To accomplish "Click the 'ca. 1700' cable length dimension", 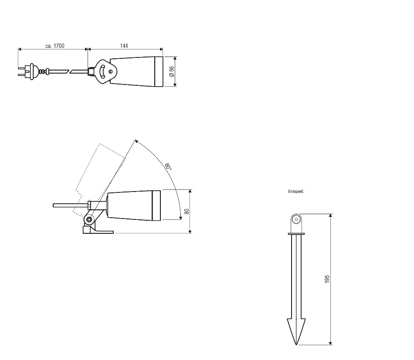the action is [x=54, y=46].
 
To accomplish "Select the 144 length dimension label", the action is [x=124, y=46].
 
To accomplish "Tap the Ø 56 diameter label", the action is [x=172, y=71].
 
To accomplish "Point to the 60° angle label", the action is [x=168, y=167].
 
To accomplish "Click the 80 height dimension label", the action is [x=187, y=211].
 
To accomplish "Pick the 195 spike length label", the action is [x=327, y=279].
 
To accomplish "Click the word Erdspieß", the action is [x=296, y=192].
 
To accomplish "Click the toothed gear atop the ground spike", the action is [x=296, y=219].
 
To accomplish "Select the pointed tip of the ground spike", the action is [x=296, y=344].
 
